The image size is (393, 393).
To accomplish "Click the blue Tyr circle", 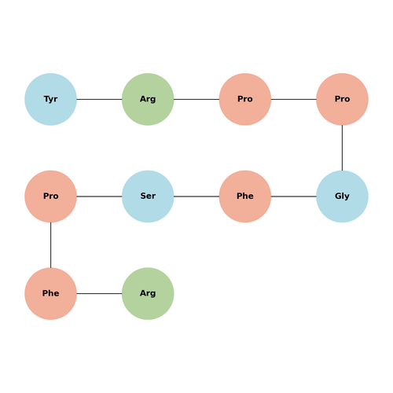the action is point(50,99).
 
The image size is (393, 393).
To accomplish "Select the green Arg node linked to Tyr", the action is point(148,99).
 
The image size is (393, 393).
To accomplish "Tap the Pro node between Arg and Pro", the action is point(245,99).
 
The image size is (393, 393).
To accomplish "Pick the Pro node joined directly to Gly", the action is point(342,99).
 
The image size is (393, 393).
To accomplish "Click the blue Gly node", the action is point(342,196).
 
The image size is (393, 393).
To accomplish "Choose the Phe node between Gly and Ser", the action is point(245,196).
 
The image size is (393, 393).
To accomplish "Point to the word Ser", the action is point(148,196).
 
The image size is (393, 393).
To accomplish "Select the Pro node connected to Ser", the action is point(50,196).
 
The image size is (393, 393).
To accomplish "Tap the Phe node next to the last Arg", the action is point(50,293).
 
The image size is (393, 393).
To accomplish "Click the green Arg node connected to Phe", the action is point(148,293).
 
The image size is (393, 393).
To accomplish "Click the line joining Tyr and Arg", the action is point(99,99).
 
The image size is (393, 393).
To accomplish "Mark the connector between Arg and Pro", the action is point(196,99).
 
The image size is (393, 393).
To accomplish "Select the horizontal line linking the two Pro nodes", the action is point(294,99).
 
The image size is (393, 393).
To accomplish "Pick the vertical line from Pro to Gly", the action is point(342,148).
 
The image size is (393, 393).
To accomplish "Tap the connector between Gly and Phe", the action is point(294,196).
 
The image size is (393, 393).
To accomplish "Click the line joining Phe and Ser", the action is point(196,196).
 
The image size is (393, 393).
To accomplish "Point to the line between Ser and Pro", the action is point(99,196).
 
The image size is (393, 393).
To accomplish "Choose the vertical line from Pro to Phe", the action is point(50,245).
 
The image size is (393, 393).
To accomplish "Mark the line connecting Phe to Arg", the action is point(99,293).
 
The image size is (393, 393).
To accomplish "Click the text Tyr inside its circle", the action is point(50,99).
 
